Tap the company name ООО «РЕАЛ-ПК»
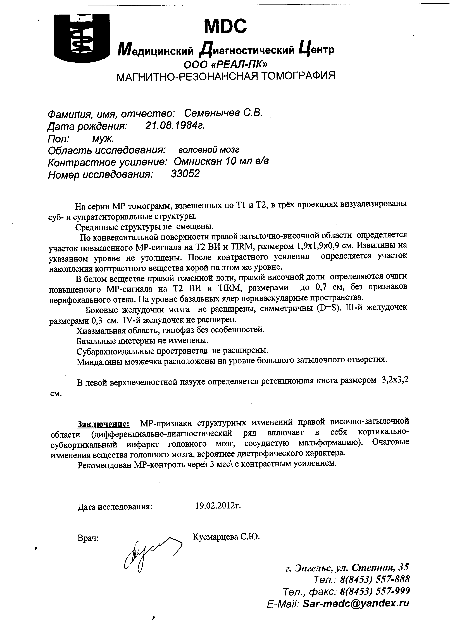click(x=226, y=64)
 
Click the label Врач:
click(x=88, y=538)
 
